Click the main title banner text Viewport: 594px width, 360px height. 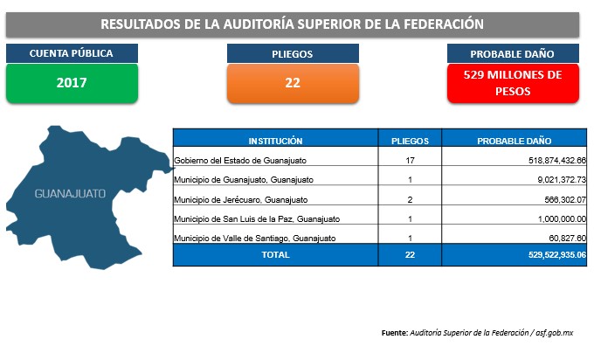292,24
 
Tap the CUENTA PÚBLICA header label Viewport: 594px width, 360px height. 72,53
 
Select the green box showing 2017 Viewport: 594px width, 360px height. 72,83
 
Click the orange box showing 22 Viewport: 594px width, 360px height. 293,83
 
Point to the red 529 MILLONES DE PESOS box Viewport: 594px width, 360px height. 513,83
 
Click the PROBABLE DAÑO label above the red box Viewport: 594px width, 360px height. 512,54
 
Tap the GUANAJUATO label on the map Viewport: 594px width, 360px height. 70,194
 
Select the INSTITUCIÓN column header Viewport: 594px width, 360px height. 275,141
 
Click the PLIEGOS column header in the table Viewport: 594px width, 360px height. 410,141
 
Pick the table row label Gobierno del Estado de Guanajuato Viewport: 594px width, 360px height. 240,160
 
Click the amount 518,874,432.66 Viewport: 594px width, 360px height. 557,160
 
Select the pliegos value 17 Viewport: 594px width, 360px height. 410,160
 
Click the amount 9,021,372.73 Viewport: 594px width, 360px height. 562,180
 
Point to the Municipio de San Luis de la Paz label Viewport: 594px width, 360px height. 257,219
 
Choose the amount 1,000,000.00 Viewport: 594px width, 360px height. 562,219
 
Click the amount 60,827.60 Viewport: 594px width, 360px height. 568,239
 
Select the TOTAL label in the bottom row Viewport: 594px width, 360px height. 275,254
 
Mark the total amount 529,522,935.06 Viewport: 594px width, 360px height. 557,254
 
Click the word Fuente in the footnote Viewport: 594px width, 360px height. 395,333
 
